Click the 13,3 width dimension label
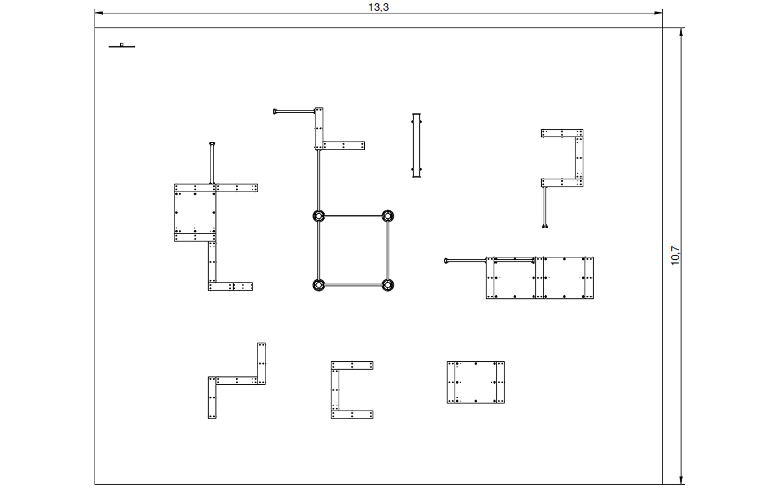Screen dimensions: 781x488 (x=379, y=7)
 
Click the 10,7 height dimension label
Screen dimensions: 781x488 (x=675, y=256)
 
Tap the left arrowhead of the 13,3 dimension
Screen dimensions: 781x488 (x=99, y=13)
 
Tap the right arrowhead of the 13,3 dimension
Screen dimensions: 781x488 (x=658, y=13)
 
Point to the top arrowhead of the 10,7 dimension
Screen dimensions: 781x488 (x=682, y=32)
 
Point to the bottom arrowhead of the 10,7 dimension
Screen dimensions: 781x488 (x=682, y=480)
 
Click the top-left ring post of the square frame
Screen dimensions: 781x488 (x=319, y=216)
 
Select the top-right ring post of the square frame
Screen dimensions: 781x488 (x=388, y=216)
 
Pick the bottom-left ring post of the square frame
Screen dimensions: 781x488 (x=319, y=285)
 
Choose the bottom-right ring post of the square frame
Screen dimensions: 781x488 (x=388, y=285)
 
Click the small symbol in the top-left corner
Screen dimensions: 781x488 (x=121, y=45)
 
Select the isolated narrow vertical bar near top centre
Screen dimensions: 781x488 (x=416, y=145)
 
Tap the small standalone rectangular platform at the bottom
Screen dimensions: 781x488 (x=475, y=382)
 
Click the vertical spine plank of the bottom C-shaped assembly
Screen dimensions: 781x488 (x=335, y=390)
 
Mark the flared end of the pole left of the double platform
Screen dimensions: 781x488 (x=446, y=260)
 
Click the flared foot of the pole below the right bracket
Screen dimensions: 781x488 (x=545, y=226)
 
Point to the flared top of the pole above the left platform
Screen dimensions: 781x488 (x=212, y=143)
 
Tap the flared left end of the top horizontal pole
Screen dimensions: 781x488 (x=275, y=112)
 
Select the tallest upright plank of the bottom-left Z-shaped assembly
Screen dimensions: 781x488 (x=262, y=364)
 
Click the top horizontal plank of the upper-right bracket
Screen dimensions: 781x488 (x=562, y=133)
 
